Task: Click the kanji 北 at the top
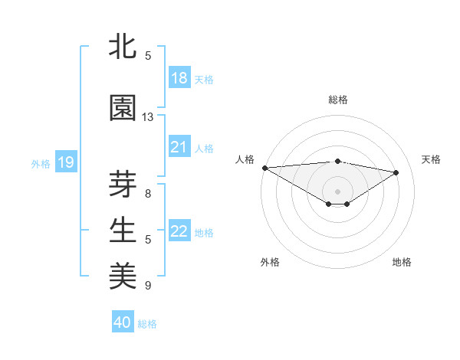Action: [123, 47]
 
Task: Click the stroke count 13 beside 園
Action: [148, 117]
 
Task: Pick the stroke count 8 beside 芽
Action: [148, 194]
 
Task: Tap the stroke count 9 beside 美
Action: [148, 286]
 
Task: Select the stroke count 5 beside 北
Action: [148, 56]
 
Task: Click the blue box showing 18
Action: [179, 78]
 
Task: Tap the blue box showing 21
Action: [179, 147]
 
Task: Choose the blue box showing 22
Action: [179, 231]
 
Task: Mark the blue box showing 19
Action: [65, 162]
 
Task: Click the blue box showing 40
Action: [123, 322]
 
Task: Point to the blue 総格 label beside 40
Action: [147, 324]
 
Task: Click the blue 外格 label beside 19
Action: [41, 163]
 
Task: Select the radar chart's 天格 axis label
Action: [431, 159]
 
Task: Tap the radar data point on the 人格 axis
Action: [264, 168]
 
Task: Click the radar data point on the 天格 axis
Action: [396, 172]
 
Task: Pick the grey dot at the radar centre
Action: [337, 190]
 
